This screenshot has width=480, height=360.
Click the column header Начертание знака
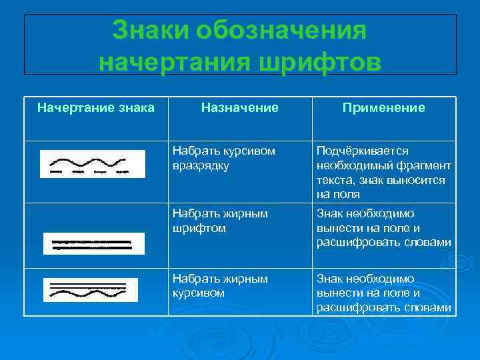point(96,107)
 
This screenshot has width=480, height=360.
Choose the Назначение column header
point(240,107)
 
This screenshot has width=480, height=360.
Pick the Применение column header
point(383,107)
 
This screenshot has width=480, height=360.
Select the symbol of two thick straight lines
point(93,243)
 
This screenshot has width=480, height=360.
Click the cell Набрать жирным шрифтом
point(220,221)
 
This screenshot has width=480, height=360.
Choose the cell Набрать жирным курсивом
point(220,285)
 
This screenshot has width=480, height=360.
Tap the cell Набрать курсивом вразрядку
point(223,158)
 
